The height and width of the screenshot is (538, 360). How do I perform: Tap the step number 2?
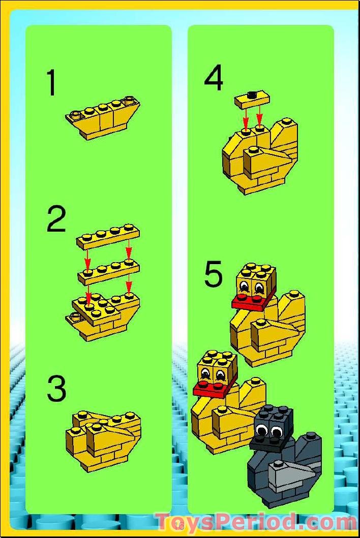56,219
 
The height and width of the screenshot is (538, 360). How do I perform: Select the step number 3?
56,389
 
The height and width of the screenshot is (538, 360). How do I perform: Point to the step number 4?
214,79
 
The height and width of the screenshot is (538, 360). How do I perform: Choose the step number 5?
214,274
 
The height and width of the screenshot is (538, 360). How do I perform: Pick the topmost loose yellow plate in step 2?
108,237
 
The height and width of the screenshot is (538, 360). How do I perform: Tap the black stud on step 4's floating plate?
252,93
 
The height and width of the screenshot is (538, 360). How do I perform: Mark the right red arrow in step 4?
260,114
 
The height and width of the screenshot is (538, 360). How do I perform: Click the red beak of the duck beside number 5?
251,301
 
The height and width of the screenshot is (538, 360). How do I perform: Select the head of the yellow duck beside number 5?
256,281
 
